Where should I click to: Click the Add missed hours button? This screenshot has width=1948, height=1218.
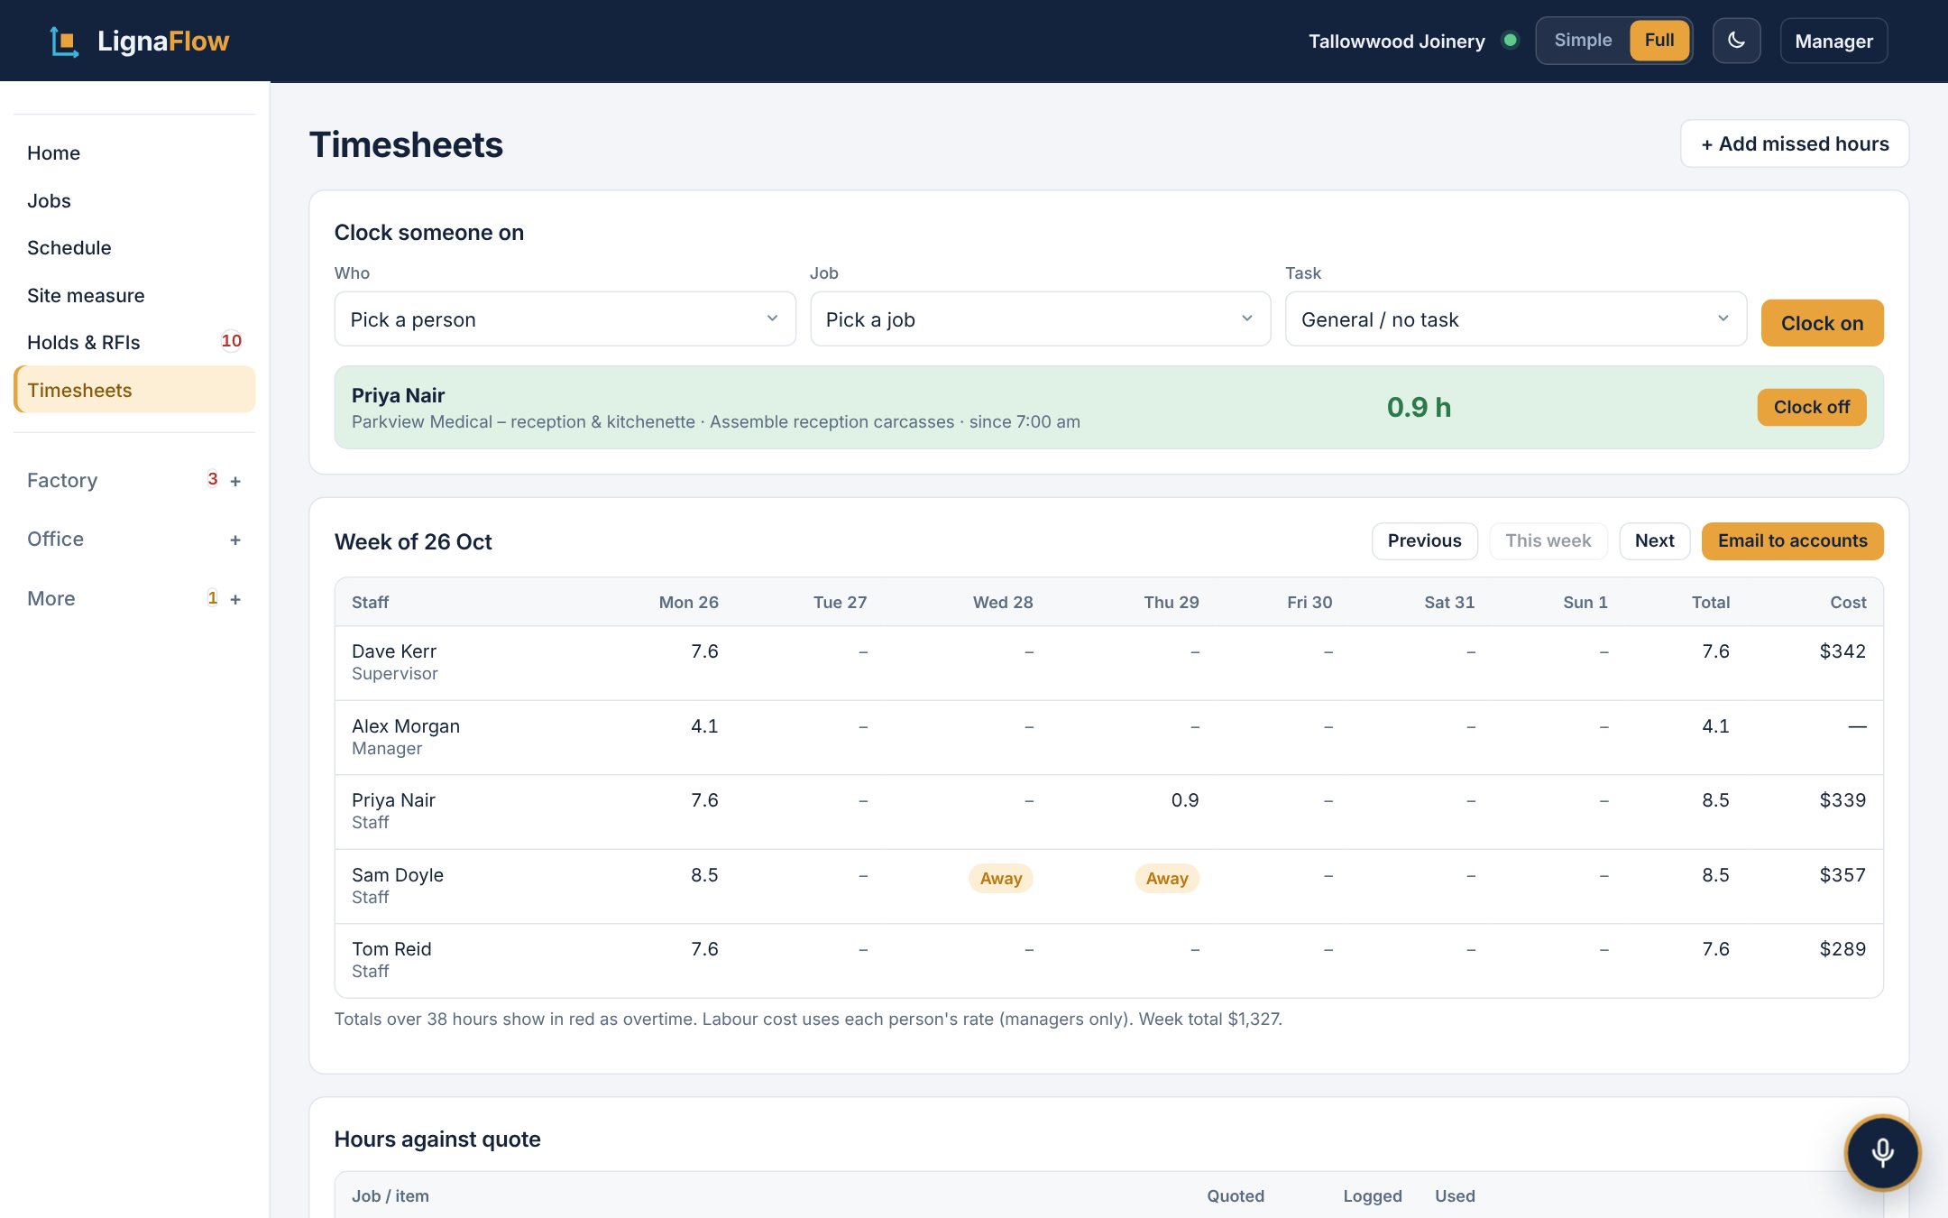(1794, 143)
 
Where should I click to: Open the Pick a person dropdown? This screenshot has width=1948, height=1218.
(565, 318)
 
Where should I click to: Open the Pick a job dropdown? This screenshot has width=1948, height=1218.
(1040, 318)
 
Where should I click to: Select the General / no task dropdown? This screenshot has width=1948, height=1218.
(1515, 318)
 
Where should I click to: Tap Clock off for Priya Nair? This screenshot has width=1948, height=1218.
(1811, 407)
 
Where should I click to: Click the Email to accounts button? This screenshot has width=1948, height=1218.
(1792, 540)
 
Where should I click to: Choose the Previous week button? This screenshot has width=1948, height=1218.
(1424, 540)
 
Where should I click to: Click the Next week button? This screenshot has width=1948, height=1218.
(1654, 540)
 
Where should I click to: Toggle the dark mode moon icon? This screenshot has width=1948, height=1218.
(1736, 41)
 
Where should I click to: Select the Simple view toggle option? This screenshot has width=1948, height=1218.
(1583, 41)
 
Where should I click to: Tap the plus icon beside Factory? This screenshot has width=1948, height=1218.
(235, 481)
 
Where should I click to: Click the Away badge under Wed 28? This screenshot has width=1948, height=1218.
(1000, 878)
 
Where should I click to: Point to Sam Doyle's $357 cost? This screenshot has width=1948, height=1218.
(1842, 875)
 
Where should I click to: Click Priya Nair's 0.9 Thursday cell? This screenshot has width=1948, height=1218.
(1185, 800)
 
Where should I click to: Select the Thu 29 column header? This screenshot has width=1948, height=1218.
(1171, 602)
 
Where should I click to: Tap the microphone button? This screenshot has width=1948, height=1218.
(1882, 1152)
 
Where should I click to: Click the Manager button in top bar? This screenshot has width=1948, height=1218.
(1833, 41)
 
